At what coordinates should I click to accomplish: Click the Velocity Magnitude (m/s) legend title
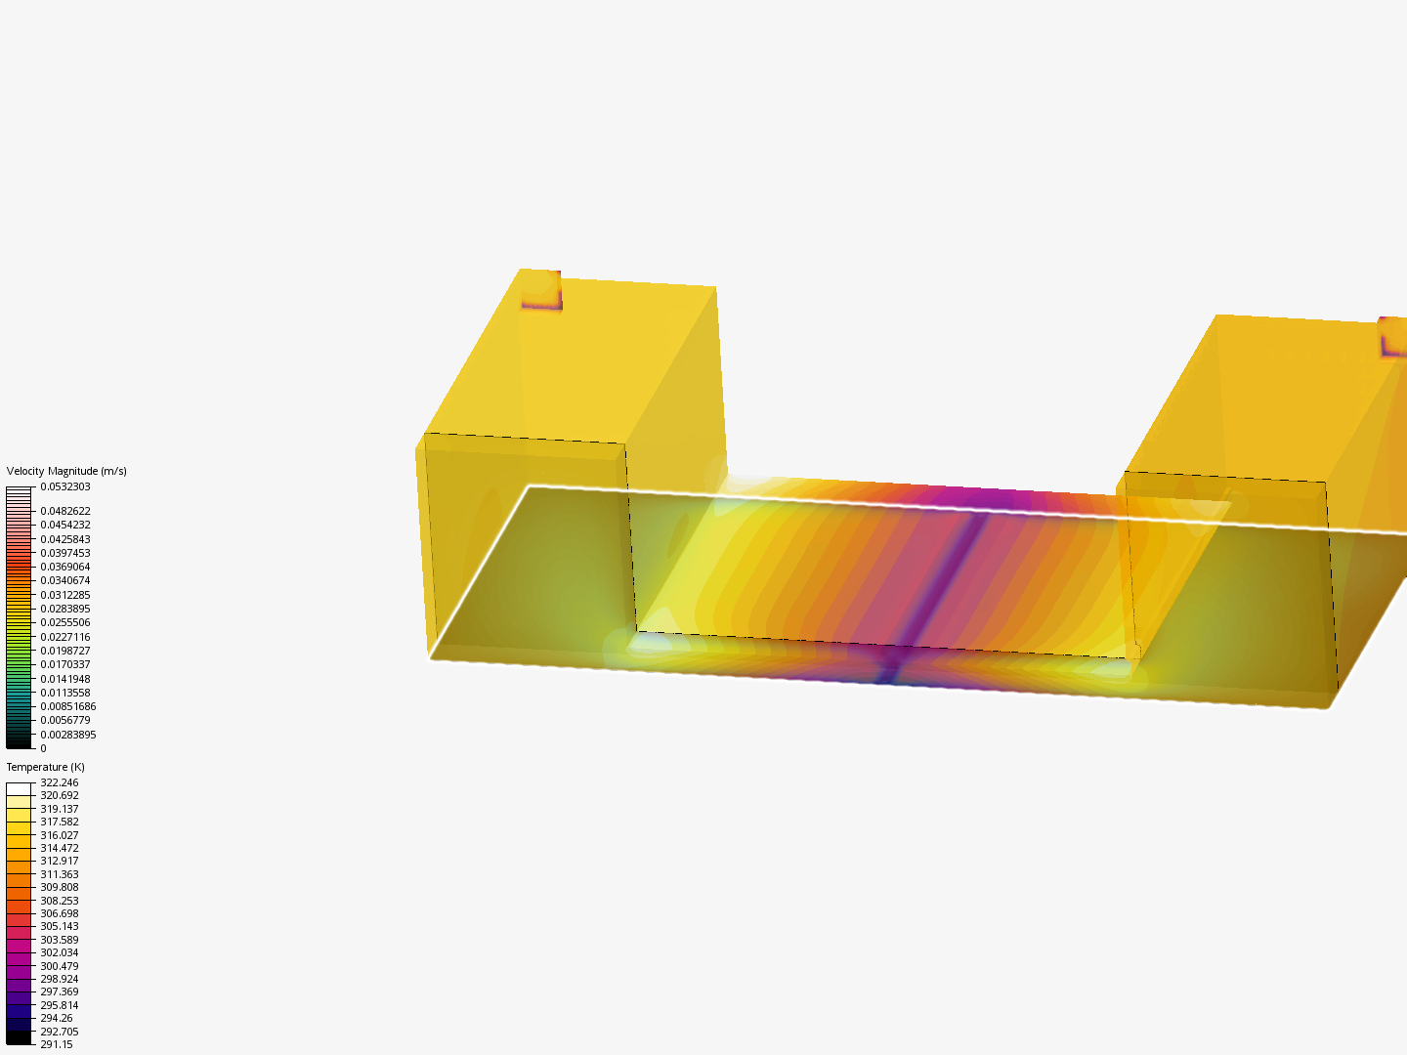[66, 471]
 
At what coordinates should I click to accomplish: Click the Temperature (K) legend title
[45, 767]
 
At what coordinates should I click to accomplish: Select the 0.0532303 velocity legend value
[64, 486]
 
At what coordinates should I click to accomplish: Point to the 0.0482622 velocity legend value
[64, 511]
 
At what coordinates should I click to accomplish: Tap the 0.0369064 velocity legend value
[64, 567]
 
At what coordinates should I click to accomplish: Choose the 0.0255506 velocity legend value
[64, 622]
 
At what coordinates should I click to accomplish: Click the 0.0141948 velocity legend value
[64, 679]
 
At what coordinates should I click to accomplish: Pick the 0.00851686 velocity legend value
[67, 706]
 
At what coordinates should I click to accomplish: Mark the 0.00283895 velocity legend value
[67, 735]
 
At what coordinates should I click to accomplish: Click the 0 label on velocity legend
[43, 748]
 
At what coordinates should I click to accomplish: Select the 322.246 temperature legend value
[59, 782]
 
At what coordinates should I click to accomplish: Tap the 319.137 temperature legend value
[59, 809]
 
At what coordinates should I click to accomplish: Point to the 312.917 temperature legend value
[59, 861]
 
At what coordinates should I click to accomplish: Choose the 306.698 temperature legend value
[59, 913]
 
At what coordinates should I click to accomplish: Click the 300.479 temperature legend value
[59, 966]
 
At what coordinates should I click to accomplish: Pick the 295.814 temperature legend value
[59, 1005]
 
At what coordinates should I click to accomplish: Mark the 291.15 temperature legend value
[56, 1044]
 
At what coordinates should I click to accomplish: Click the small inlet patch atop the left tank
[540, 290]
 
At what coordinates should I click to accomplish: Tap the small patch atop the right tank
[1393, 337]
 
